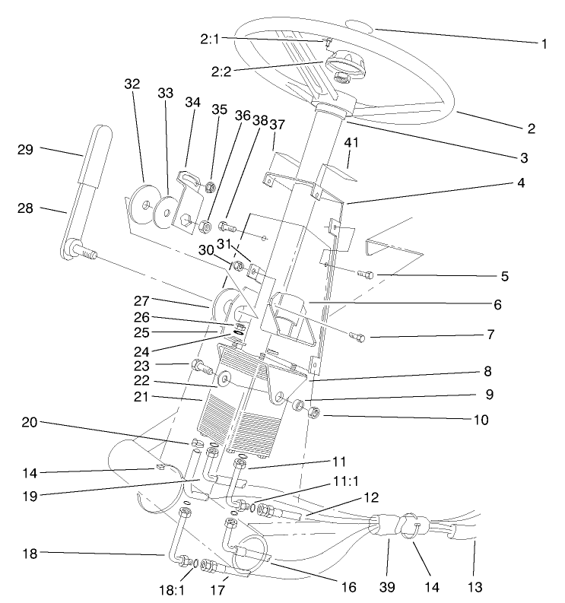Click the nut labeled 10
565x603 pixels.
point(314,414)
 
